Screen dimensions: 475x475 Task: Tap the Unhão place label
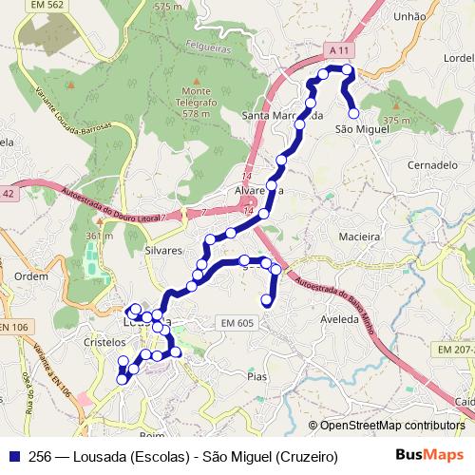409,16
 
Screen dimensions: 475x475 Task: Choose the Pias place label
256,376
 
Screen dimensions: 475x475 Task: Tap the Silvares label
161,251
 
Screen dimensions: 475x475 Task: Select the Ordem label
31,276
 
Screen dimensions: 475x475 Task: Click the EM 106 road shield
12,328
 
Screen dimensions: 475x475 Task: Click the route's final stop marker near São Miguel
353,113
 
